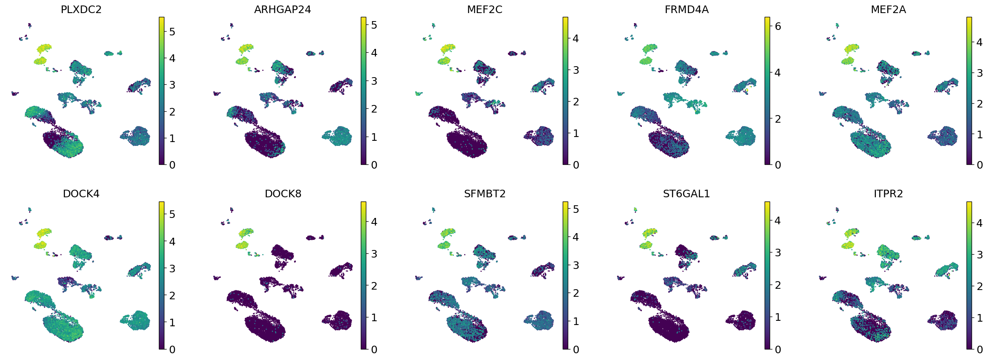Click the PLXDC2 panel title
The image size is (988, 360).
[x=81, y=9]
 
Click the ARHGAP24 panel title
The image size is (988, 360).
[x=282, y=9]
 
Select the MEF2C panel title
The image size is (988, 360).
[x=484, y=9]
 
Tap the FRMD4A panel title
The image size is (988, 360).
[x=686, y=9]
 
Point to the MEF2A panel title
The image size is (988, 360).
[x=888, y=9]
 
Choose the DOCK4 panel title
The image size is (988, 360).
[x=81, y=194]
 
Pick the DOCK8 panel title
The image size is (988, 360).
[x=283, y=194]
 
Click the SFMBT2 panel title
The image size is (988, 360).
[x=484, y=194]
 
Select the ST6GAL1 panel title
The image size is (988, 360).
[x=686, y=194]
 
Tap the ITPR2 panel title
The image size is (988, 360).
[x=888, y=194]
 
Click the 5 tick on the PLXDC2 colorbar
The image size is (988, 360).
[x=172, y=32]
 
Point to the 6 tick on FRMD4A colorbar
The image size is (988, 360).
[x=778, y=27]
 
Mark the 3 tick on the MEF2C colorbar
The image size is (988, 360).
[x=576, y=70]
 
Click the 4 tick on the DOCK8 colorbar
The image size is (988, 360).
[x=374, y=222]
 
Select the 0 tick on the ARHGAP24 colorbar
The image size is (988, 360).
[x=374, y=165]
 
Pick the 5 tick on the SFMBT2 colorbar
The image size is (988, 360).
[x=576, y=209]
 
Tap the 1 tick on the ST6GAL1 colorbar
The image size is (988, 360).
[x=778, y=317]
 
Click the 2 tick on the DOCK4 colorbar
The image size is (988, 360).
[x=172, y=296]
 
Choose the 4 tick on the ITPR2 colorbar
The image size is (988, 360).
[x=980, y=223]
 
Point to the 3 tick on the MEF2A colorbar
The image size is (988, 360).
[x=980, y=73]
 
